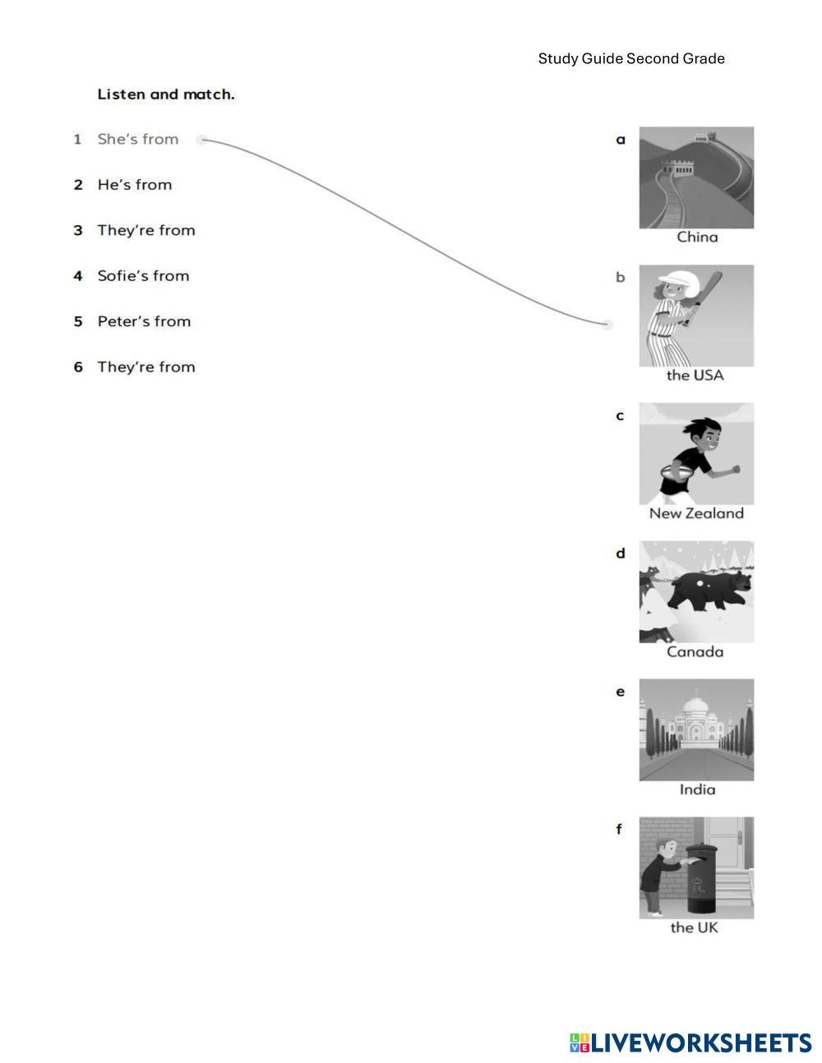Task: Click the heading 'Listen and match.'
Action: coord(166,94)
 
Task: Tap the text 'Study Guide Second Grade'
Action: coord(631,58)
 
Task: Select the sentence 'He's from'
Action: coord(135,185)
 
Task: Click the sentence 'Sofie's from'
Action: coord(143,276)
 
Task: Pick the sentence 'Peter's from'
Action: coord(144,321)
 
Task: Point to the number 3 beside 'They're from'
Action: coord(78,230)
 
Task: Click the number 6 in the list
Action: coord(78,367)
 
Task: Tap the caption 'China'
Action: coord(697,237)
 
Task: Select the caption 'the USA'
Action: coord(695,375)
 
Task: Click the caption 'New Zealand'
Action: coord(696,513)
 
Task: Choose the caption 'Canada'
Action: coord(695,651)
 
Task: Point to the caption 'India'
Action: coord(697,789)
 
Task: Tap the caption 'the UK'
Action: coord(695,927)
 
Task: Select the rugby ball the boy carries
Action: coord(676,472)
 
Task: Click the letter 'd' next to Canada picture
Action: coord(621,553)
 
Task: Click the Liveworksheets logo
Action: coord(690,1043)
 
